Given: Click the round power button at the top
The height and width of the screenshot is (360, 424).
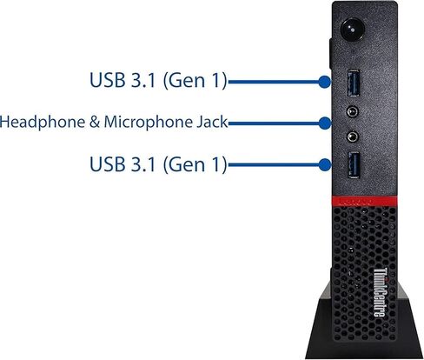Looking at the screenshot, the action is pos(352,30).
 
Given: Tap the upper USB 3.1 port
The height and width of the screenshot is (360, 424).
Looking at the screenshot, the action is pos(354,83).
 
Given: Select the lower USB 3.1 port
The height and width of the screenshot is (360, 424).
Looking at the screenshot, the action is pos(354,164).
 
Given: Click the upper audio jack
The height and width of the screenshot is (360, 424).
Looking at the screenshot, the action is pos(353,111).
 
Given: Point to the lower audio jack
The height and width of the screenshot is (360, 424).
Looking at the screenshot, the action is pos(353,137).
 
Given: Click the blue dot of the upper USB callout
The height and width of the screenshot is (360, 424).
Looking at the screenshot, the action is pos(324,82).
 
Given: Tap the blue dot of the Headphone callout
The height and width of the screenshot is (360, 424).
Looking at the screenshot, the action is pos(325,123).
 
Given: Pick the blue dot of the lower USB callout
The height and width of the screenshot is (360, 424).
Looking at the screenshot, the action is pos(325,164).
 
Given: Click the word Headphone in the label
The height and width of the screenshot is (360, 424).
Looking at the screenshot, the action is pos(43,123).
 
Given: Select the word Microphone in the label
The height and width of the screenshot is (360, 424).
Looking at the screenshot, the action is pos(149,123).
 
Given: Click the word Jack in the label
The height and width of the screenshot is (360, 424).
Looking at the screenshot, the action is pos(212,122).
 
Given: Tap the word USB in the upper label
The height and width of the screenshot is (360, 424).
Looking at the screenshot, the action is pos(108,80).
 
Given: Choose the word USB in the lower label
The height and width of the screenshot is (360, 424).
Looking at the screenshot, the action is pos(108,164).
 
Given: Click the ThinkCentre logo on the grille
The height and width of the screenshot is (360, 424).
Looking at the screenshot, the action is pos(380,292).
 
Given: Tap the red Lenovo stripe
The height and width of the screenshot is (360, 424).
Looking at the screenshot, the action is pos(364,201).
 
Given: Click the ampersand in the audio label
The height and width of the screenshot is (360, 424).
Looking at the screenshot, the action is pos(95,122).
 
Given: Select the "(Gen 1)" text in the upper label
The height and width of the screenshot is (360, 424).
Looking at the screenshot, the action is pos(195,80).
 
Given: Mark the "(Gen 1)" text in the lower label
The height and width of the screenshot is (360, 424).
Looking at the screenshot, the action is pos(195,164).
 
